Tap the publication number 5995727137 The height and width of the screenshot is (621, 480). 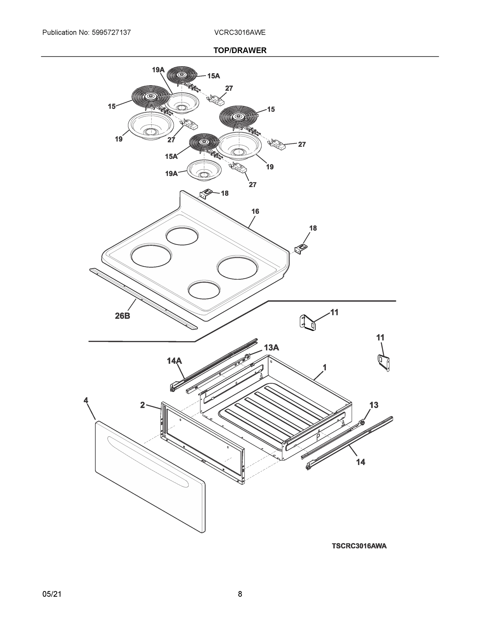click(111, 32)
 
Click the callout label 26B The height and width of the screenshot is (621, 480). click(123, 316)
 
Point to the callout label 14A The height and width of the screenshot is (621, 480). click(174, 361)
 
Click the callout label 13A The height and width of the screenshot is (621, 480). click(271, 348)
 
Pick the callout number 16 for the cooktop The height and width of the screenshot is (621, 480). click(255, 211)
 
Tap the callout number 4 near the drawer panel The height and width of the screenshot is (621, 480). click(86, 400)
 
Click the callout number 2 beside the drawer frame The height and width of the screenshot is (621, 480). click(143, 405)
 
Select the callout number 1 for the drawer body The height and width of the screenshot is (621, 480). click(324, 368)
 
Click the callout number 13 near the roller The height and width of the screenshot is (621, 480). click(374, 405)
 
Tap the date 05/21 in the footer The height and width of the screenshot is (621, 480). click(52, 594)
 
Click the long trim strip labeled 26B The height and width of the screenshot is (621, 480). click(142, 299)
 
